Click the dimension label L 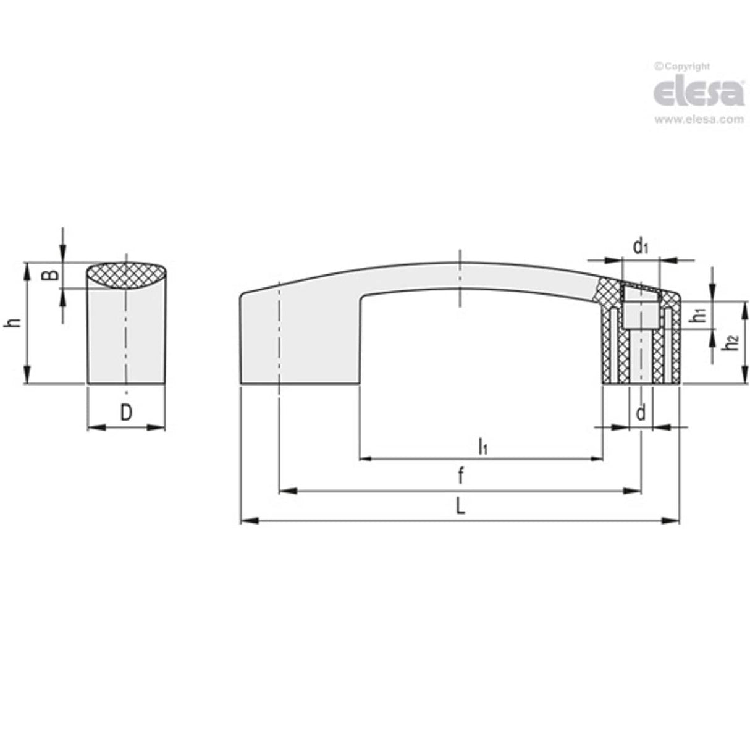click(x=460, y=507)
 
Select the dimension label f click(x=461, y=476)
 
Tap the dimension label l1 click(x=482, y=445)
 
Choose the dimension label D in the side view click(x=126, y=413)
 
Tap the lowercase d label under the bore click(x=641, y=412)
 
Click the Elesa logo click(x=698, y=93)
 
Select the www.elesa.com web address click(x=698, y=120)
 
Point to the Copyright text click(x=682, y=66)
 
